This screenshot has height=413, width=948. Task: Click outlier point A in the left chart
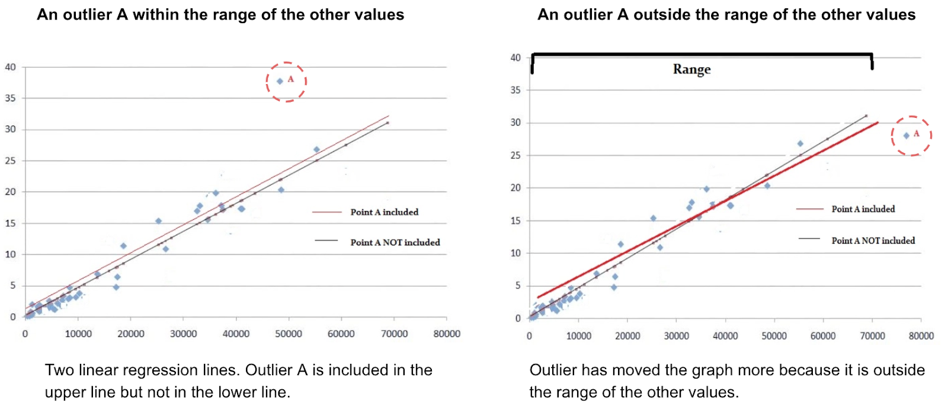click(x=280, y=81)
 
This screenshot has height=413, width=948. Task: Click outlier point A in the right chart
click(x=906, y=136)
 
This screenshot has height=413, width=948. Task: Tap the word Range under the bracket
click(x=691, y=69)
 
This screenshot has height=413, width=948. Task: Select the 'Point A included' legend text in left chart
click(x=384, y=212)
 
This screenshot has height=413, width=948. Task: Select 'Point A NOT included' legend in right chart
click(x=873, y=241)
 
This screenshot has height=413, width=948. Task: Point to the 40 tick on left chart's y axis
click(x=10, y=67)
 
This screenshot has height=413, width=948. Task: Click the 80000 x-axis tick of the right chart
click(x=921, y=336)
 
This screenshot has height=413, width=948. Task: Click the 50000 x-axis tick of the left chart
click(x=289, y=334)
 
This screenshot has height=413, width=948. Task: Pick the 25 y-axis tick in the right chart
click(x=515, y=155)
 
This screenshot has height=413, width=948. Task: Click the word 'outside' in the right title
click(x=657, y=15)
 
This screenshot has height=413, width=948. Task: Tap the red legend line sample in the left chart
click(x=327, y=212)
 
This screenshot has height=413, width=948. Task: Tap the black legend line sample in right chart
click(x=809, y=239)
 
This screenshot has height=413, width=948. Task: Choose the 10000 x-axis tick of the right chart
click(x=578, y=336)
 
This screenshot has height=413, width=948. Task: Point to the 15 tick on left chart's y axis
click(x=10, y=223)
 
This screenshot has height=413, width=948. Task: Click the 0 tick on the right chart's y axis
click(x=518, y=318)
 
